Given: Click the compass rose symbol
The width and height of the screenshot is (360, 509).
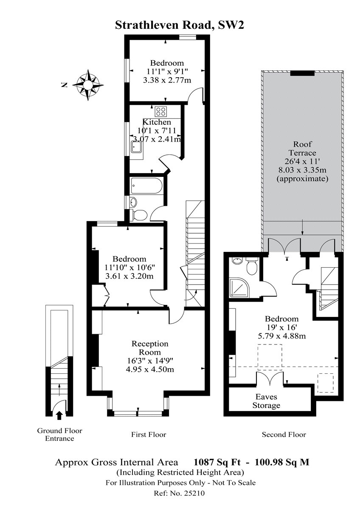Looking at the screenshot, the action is pyautogui.click(x=88, y=85).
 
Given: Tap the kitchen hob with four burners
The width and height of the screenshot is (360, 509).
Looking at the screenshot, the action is pyautogui.click(x=161, y=112).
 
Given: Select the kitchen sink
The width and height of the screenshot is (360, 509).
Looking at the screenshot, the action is pyautogui.click(x=137, y=147).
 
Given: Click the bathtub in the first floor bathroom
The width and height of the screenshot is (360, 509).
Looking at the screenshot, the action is pyautogui.click(x=147, y=186).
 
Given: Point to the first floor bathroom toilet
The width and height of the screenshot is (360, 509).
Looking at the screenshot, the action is pyautogui.click(x=139, y=215).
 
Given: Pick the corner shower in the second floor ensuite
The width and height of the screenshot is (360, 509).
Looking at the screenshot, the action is pyautogui.click(x=239, y=288).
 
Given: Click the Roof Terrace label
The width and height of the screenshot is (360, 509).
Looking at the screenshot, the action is pyautogui.click(x=302, y=148).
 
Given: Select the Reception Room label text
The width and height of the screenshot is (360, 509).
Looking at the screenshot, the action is pyautogui.click(x=150, y=348).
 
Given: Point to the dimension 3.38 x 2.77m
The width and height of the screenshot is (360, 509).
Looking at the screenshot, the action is pyautogui.click(x=167, y=80).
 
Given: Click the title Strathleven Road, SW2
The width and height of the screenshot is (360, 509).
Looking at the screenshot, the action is pyautogui.click(x=180, y=25).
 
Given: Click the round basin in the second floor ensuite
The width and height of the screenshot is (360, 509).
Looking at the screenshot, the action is pyautogui.click(x=237, y=261).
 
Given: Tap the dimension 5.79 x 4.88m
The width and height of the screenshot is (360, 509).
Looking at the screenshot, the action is pyautogui.click(x=282, y=336).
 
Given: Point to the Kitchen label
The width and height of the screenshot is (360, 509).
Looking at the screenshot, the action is pyautogui.click(x=157, y=122).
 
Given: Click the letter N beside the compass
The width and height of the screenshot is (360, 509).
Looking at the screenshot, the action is pyautogui.click(x=65, y=85).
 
